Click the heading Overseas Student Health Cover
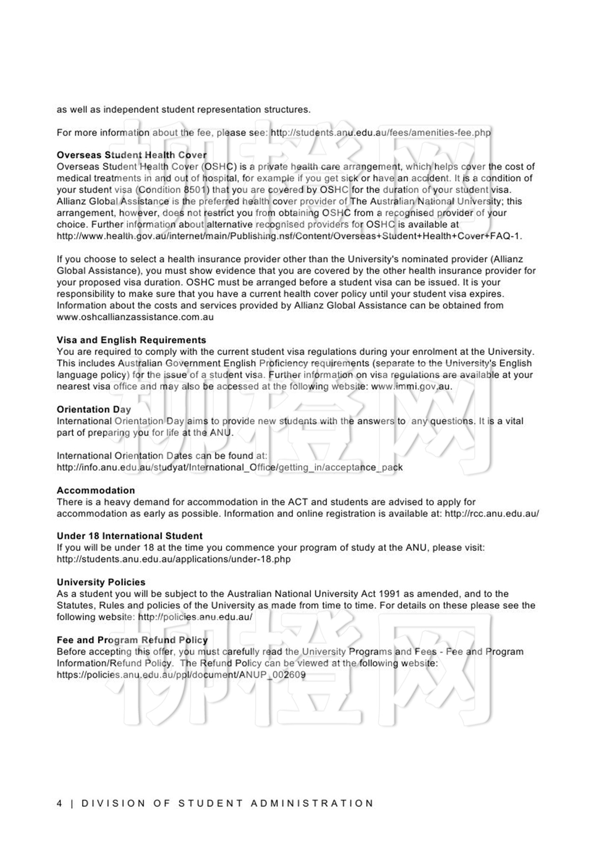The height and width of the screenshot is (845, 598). coord(132,155)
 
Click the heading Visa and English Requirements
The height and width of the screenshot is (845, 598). coord(131,340)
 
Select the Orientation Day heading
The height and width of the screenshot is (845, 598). coord(94,409)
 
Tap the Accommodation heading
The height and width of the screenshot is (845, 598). coord(96,490)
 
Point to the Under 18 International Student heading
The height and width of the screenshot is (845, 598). coord(129,536)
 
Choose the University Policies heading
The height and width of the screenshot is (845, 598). coord(101,582)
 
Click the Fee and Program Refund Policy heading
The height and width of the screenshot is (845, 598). coord(132,640)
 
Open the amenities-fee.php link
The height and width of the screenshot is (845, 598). coord(381,132)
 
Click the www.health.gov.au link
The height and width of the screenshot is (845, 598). coord(289,236)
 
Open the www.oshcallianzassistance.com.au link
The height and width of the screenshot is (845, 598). coord(135,317)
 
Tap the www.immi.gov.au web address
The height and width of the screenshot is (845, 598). coord(411,386)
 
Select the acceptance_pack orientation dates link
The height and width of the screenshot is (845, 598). coord(229,467)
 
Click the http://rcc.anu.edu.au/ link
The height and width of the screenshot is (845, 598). coord(492,513)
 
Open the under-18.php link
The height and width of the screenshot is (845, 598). coord(173,559)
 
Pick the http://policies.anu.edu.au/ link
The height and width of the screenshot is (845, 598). coord(195,617)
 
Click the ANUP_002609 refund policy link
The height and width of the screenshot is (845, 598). coord(181,675)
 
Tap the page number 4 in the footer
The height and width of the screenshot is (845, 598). coord(59,804)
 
